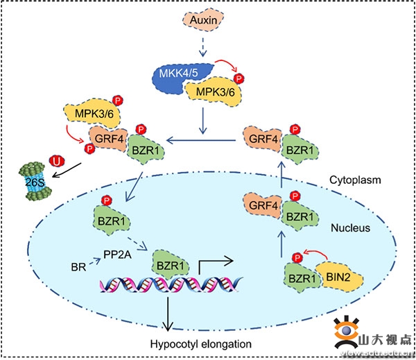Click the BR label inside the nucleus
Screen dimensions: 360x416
click(77, 266)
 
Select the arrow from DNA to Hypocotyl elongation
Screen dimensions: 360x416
click(166, 316)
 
